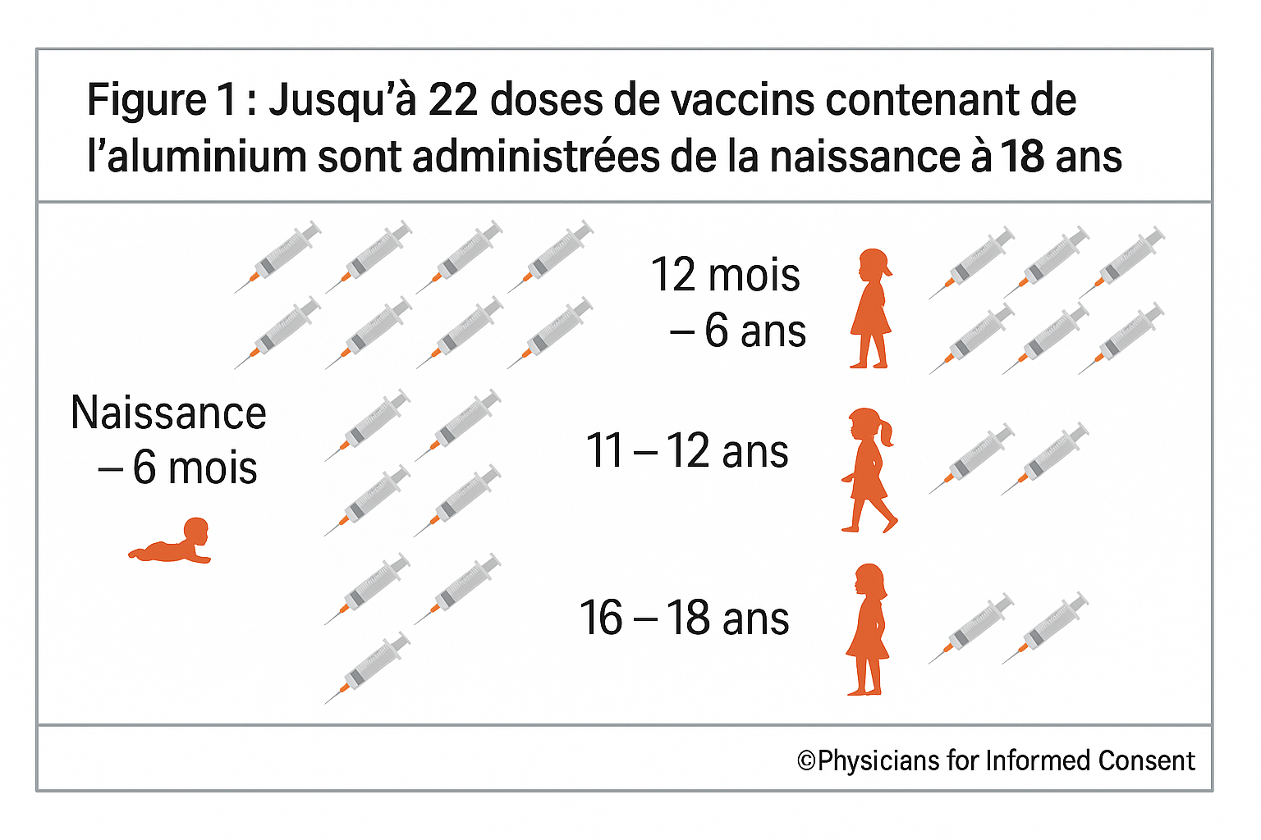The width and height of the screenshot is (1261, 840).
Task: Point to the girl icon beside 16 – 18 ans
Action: (x=869, y=630)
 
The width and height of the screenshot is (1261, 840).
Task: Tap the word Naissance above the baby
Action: (x=168, y=413)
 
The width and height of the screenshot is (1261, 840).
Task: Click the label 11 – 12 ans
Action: (x=686, y=451)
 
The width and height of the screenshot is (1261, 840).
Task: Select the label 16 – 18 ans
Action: (x=684, y=619)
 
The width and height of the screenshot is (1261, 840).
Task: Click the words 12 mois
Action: (x=725, y=275)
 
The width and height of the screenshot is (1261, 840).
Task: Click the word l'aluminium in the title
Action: (x=196, y=157)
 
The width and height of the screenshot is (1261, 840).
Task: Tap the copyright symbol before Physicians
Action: (x=806, y=761)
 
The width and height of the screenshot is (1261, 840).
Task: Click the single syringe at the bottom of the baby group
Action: (x=367, y=668)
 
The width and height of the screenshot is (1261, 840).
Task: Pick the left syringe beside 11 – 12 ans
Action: (x=971, y=459)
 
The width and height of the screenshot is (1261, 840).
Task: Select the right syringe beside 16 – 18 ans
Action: (x=1045, y=628)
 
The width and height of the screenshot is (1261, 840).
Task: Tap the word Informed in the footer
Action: (x=1037, y=761)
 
